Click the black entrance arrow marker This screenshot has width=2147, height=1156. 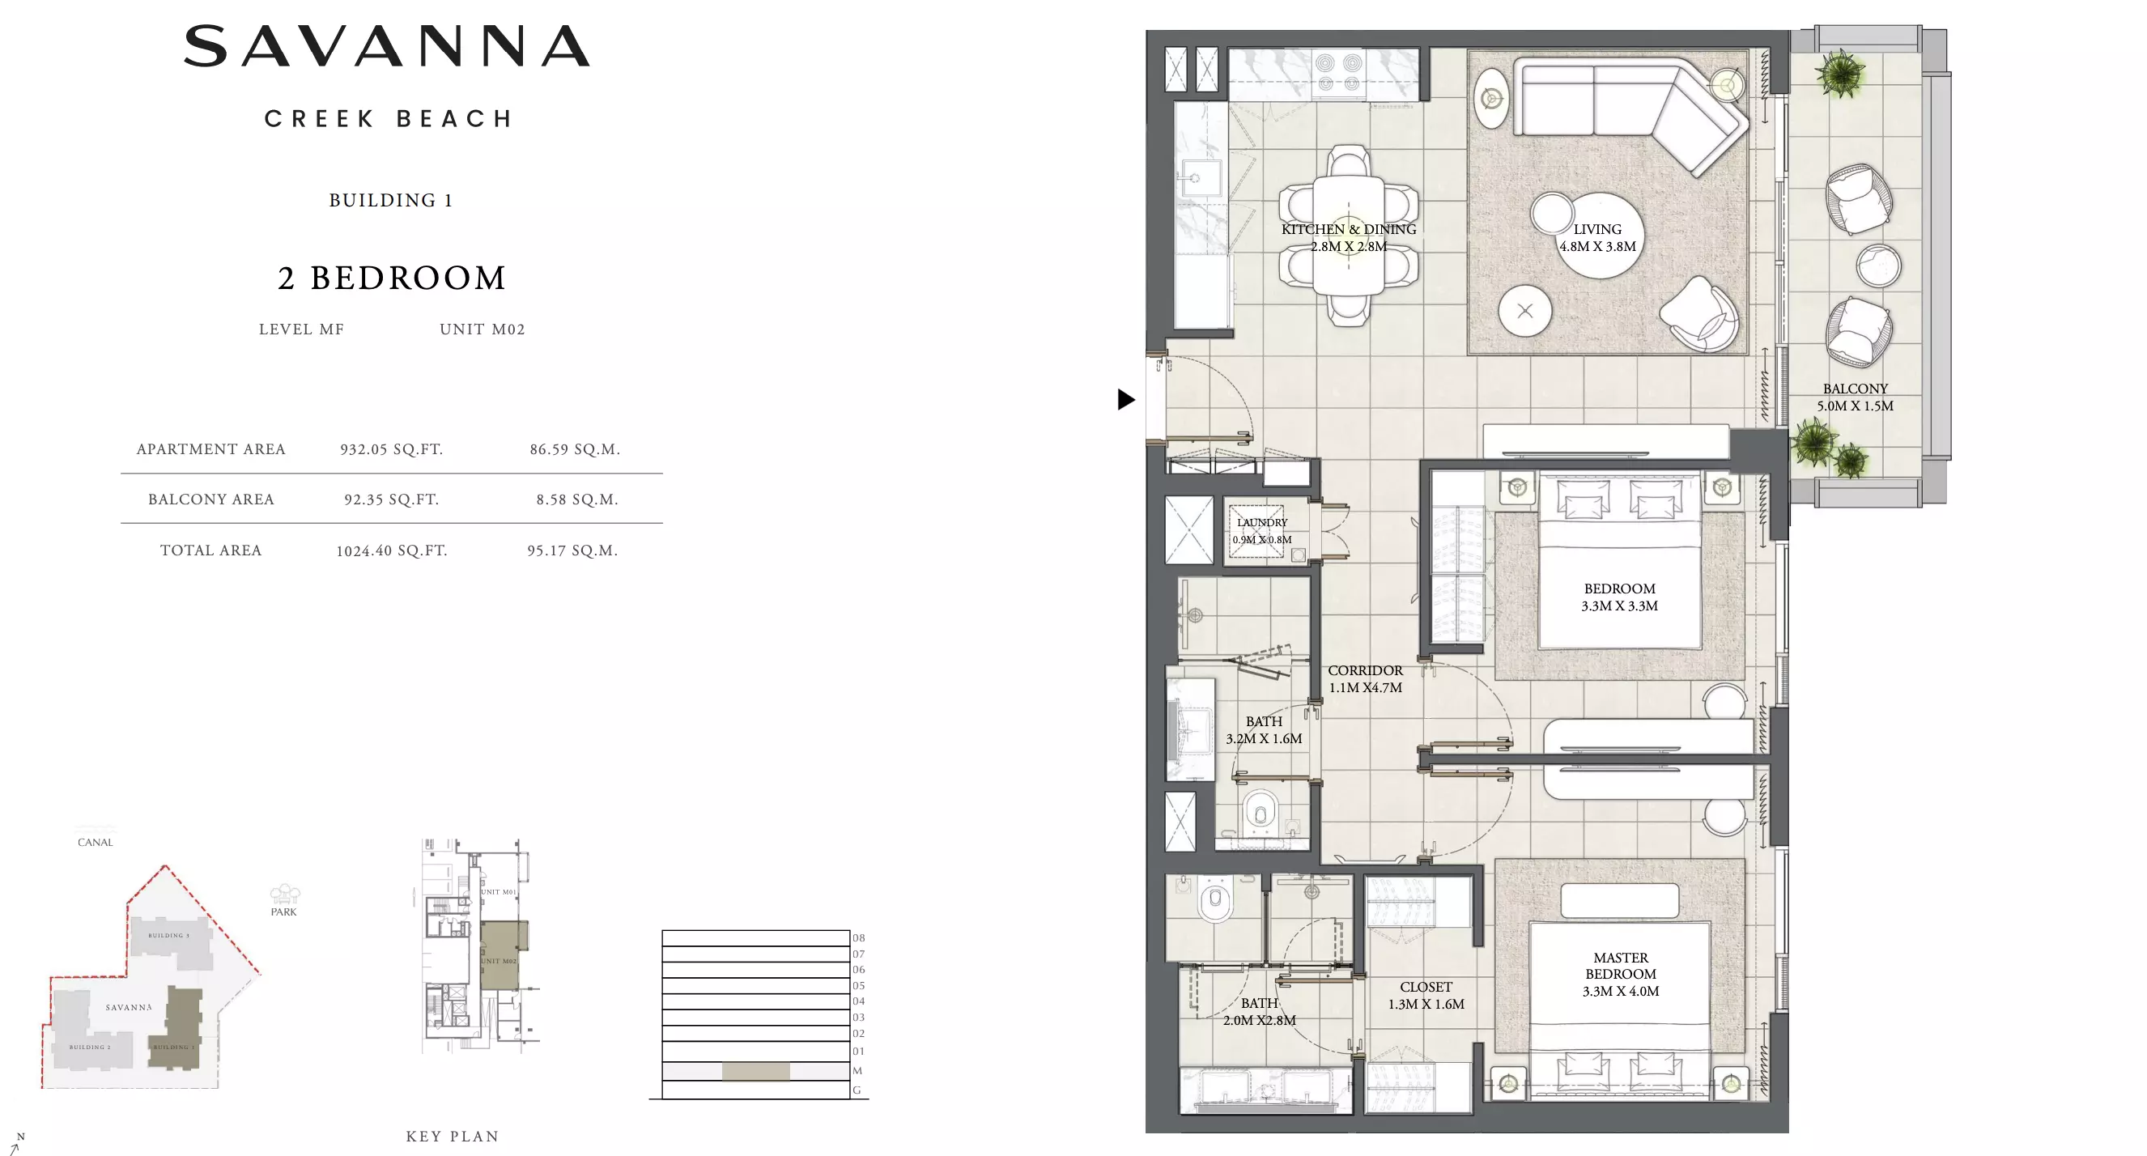click(1125, 399)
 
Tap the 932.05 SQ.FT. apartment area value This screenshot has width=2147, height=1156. click(391, 449)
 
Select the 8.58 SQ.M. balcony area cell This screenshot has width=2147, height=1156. click(576, 499)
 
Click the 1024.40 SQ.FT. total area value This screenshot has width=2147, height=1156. click(391, 550)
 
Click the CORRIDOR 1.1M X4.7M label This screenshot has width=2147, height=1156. click(1364, 678)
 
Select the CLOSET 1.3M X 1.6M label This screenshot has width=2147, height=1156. click(1425, 995)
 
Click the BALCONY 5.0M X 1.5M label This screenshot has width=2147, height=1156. click(1855, 397)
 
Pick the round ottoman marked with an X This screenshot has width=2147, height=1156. click(1524, 311)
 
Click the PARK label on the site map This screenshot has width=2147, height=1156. click(283, 912)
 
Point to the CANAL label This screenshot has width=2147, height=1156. click(95, 842)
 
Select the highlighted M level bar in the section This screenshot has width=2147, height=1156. click(755, 1071)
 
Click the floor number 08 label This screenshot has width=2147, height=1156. click(857, 937)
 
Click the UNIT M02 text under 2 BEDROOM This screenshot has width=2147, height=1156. click(482, 329)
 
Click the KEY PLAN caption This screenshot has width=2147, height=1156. click(452, 1136)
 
